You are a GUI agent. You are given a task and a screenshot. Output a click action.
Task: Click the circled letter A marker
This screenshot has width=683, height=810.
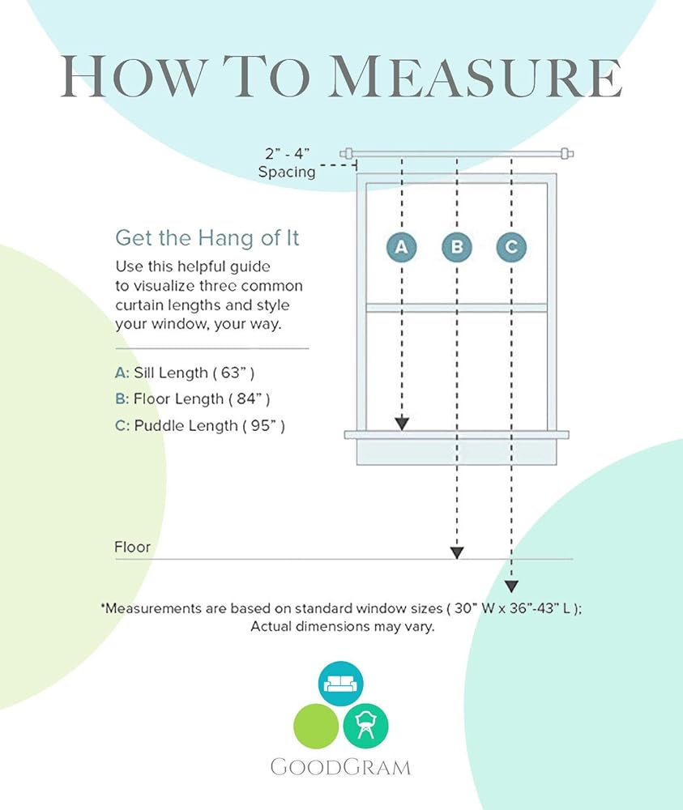point(401,247)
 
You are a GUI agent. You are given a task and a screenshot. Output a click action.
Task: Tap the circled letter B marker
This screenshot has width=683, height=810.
point(457,247)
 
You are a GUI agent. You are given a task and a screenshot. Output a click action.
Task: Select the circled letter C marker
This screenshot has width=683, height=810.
point(511,247)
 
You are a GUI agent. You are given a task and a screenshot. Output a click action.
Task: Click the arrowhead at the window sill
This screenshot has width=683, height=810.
point(402,424)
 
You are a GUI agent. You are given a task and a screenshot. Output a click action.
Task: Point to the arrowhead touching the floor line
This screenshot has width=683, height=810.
point(457,552)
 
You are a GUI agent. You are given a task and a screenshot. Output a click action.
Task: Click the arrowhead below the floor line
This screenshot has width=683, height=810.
point(511,586)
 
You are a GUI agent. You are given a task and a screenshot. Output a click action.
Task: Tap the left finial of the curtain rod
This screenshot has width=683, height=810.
point(347,153)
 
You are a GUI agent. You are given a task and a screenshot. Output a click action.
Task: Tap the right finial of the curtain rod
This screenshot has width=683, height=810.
point(567,153)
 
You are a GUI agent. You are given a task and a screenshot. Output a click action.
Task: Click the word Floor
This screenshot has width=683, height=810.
point(132,547)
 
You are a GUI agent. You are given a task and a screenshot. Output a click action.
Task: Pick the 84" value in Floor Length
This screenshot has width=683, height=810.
point(253,399)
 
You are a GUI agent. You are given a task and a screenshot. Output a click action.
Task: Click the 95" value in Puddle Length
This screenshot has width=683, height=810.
point(267,426)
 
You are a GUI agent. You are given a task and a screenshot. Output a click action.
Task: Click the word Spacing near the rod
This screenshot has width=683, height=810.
point(287,172)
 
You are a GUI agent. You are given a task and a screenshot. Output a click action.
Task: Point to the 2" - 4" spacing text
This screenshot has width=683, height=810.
point(288,153)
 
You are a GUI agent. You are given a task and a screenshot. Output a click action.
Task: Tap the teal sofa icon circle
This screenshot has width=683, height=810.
point(340,684)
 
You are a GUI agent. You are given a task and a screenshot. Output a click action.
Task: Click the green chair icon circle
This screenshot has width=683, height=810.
point(365,726)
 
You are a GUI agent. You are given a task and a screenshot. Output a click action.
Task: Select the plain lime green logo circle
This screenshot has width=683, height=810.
point(316,726)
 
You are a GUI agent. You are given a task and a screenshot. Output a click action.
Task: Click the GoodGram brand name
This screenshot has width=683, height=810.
point(340,767)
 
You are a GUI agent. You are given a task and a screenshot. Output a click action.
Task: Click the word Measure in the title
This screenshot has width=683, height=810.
point(476,76)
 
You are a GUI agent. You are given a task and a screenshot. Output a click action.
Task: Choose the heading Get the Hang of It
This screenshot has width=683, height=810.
point(207,238)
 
